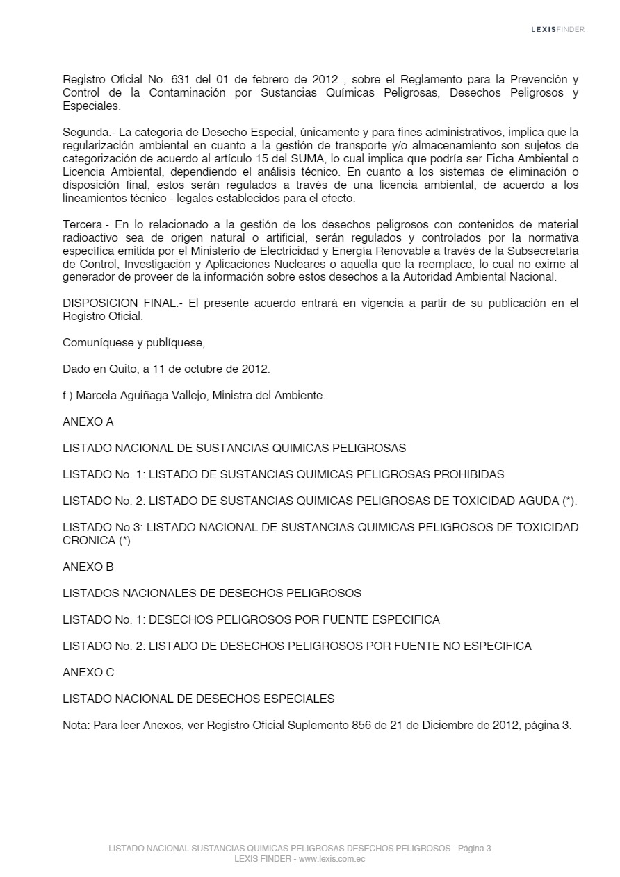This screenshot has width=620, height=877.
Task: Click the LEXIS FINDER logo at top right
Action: click(x=557, y=29)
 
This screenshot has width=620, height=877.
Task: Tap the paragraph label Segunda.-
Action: click(x=86, y=133)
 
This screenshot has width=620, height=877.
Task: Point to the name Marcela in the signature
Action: click(x=97, y=395)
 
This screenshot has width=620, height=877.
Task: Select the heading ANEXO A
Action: click(x=88, y=421)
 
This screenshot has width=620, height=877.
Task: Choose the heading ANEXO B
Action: click(x=88, y=567)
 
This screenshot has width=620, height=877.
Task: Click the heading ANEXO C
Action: click(x=88, y=672)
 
